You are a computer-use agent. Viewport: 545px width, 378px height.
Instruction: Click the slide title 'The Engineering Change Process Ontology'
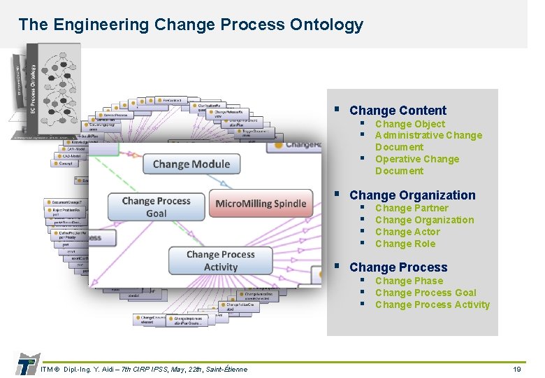coord(191,25)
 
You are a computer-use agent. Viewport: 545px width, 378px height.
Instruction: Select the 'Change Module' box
coord(191,164)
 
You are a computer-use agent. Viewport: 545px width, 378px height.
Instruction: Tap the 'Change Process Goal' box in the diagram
coord(156,207)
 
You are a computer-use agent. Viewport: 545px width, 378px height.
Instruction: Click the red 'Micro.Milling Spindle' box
coord(261,204)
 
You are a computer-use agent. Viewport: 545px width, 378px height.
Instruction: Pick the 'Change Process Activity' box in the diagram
coord(221,260)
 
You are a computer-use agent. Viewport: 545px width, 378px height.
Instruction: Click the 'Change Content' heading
coord(397,111)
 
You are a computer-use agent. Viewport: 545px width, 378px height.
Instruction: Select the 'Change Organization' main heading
coord(412,195)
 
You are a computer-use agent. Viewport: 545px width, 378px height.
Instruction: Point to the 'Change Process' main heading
coord(398,267)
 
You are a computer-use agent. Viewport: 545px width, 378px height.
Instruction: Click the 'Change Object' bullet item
coord(409,124)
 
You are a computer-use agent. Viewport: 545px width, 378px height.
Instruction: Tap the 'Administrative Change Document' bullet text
coord(428,141)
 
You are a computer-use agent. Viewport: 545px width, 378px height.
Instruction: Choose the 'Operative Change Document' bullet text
coord(416,164)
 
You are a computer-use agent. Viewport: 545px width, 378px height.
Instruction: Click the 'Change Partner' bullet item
coord(411,208)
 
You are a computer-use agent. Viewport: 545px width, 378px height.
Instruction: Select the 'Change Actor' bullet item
coord(407,232)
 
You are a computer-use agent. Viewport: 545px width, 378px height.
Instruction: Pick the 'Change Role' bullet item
coord(405,244)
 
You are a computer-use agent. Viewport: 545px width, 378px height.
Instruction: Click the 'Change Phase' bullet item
coord(408,281)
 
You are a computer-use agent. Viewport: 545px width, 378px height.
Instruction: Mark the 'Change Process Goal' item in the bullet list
coord(425,293)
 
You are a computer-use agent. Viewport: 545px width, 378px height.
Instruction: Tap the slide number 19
coord(517,369)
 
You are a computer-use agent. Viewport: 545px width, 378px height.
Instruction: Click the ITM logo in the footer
coord(26,365)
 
